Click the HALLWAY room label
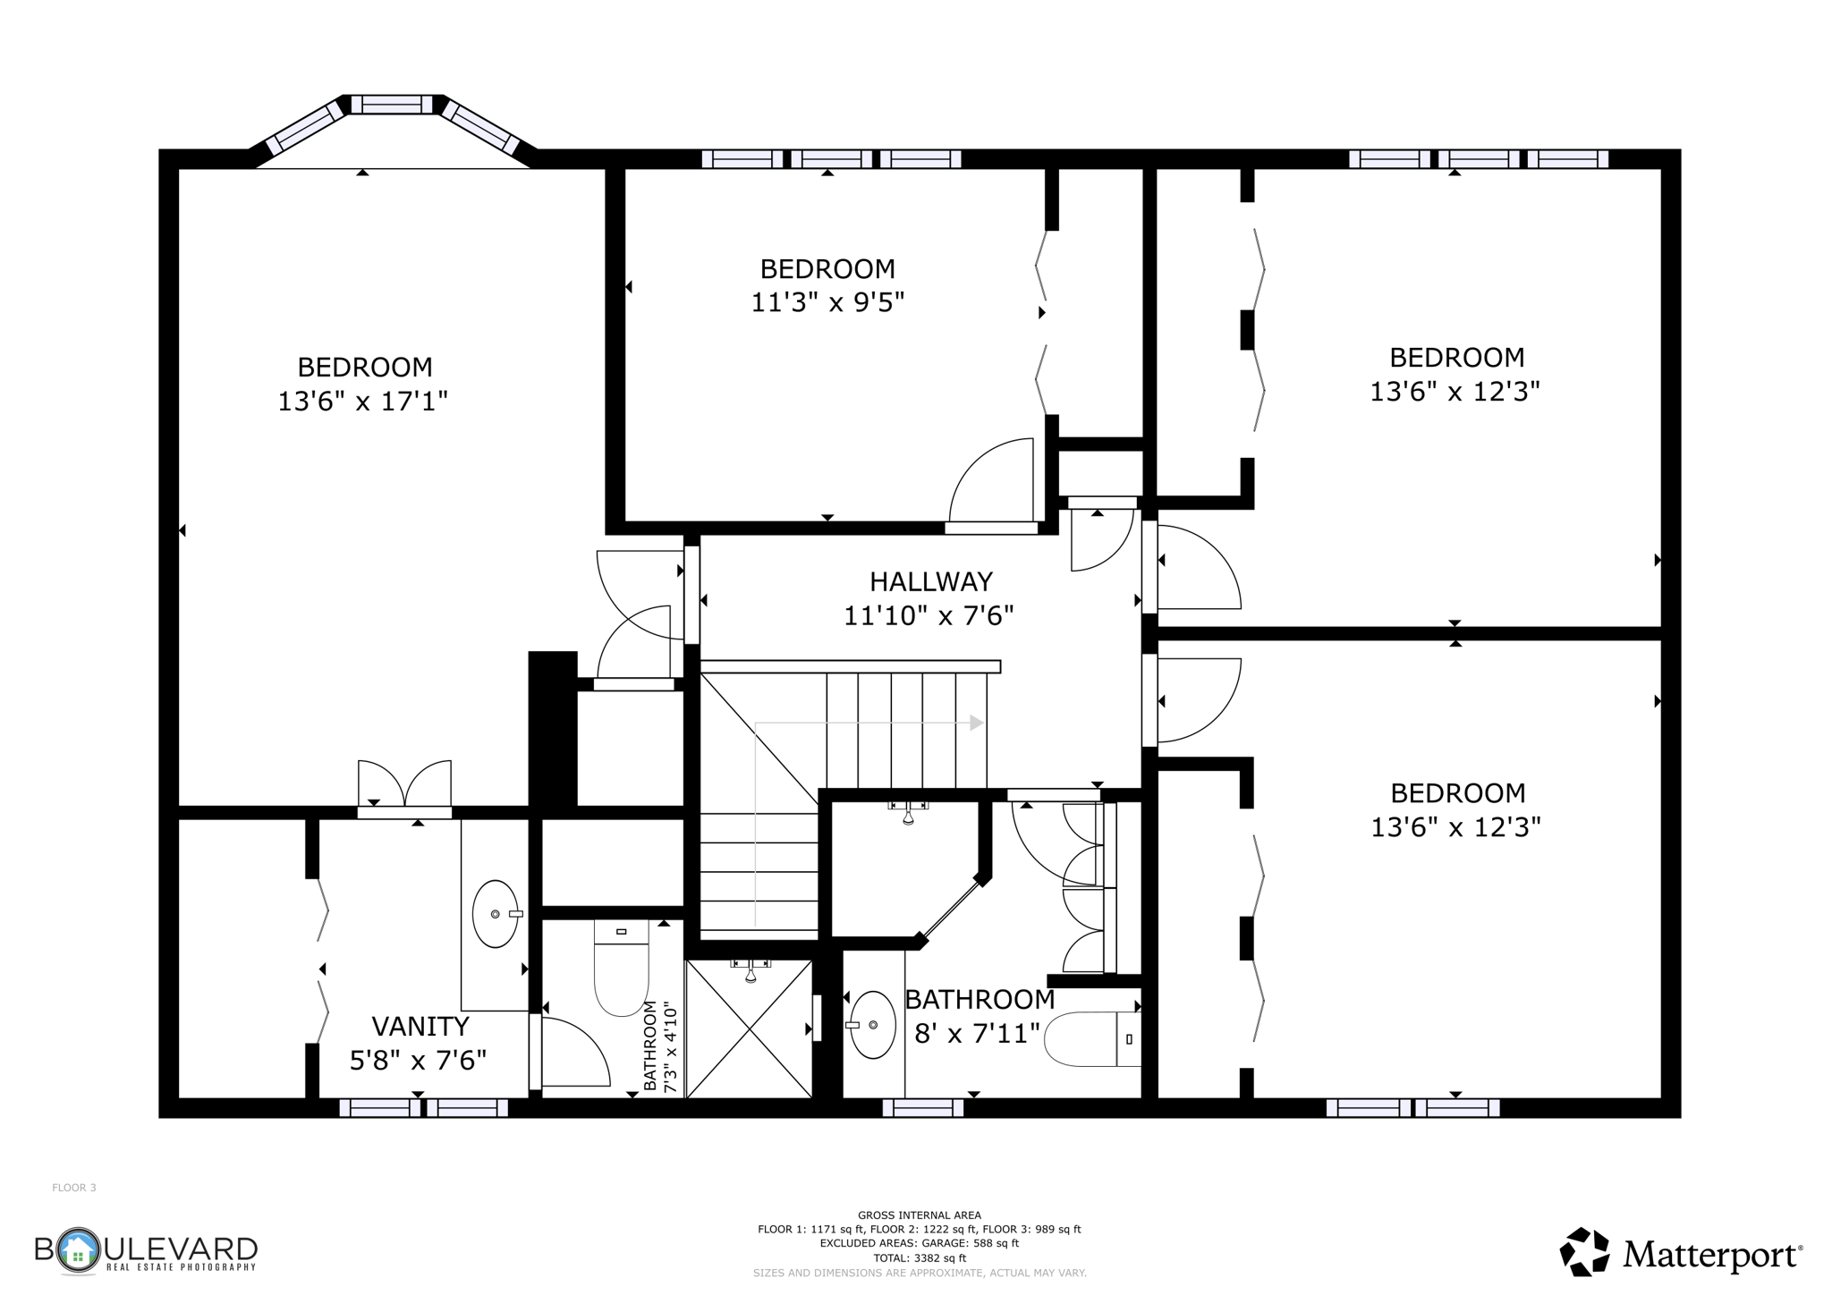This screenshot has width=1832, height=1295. point(930,582)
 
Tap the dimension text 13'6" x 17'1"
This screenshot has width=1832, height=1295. point(362,402)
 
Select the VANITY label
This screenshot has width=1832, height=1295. point(420,1026)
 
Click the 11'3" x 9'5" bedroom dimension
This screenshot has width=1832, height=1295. point(827,302)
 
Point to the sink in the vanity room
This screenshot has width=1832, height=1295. point(495,914)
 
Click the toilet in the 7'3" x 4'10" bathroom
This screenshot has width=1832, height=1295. point(621,970)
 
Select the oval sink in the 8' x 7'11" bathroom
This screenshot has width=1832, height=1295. point(872,1025)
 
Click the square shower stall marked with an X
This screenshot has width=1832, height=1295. point(749,1028)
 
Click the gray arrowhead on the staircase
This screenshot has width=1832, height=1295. point(977,723)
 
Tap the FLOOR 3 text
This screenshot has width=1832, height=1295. point(74,1188)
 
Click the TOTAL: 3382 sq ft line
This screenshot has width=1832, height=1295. point(919,1257)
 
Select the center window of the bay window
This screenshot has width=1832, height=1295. point(392,105)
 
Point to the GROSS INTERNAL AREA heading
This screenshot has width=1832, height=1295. point(919,1215)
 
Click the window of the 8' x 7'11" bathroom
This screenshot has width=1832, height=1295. point(922,1108)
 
